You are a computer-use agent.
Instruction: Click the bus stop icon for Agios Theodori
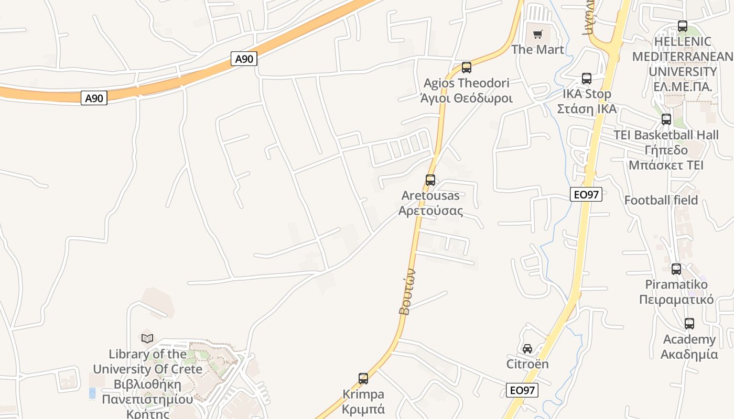[466, 67]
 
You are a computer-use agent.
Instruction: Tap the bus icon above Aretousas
[430, 180]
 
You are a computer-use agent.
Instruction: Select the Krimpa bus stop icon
[363, 378]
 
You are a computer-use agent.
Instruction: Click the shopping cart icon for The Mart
[537, 35]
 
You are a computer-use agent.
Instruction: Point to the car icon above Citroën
[527, 349]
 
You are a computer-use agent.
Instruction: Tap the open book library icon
[147, 338]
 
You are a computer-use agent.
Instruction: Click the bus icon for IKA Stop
[586, 79]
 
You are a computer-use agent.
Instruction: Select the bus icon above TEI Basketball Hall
[666, 119]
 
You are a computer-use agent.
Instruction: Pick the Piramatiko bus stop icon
[676, 269]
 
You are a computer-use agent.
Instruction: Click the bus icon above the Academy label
[689, 324]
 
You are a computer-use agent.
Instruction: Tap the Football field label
[661, 200]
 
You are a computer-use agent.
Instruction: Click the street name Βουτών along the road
[407, 292]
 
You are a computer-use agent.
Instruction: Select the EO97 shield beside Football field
[586, 195]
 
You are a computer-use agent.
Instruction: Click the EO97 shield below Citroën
[522, 390]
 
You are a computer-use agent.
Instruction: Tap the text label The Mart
[537, 50]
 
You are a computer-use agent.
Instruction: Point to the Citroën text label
[527, 363]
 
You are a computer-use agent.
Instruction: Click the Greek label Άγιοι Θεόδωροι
[466, 98]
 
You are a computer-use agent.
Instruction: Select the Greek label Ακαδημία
[689, 354]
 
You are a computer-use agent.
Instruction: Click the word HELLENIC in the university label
[682, 41]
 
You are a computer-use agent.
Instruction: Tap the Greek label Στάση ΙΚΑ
[586, 109]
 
